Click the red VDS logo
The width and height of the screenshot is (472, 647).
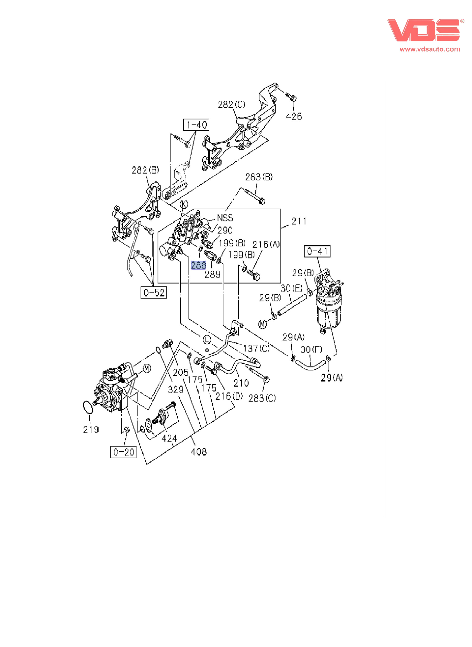pos(423,30)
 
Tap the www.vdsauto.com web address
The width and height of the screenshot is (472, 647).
pos(430,49)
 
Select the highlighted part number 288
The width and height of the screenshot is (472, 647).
pos(199,265)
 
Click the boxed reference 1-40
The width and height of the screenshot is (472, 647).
pos(196,125)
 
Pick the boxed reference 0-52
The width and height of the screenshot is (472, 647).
pos(154,293)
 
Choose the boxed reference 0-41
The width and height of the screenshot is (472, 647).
pos(317,251)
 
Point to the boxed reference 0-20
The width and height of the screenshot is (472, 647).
pos(123,452)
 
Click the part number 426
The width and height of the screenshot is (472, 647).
pos(294,116)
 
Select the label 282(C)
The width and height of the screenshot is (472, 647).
pos(231,104)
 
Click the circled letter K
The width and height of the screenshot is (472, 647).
pos(184,204)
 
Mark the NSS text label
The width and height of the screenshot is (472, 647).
pos(225,218)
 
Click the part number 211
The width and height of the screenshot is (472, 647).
pos(299,221)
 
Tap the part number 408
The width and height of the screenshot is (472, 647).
pos(199,452)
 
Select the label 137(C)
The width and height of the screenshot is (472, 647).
pos(256,348)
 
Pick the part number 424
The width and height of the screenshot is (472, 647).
pos(169,438)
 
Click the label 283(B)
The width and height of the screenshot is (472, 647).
pos(259,177)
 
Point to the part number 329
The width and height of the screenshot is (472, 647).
pos(176,389)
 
